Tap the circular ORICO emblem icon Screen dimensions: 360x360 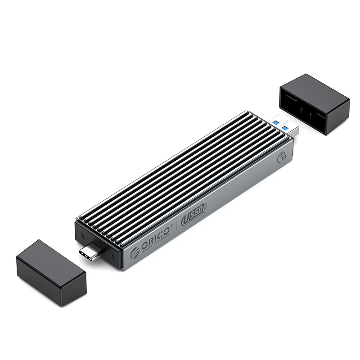tap(135, 253)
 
